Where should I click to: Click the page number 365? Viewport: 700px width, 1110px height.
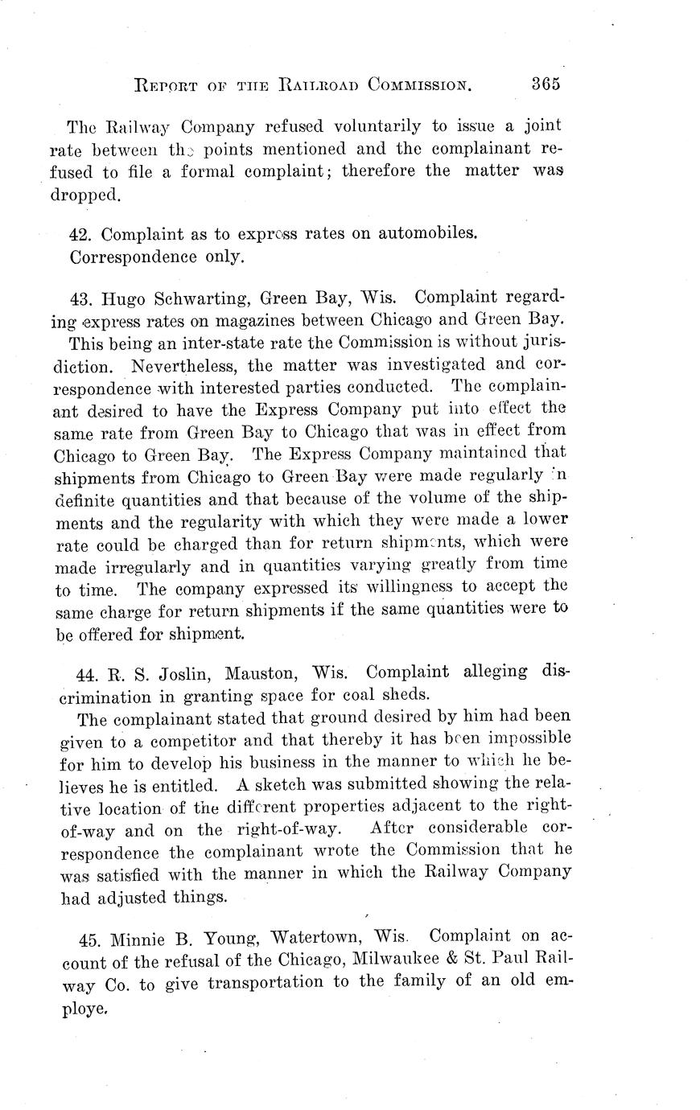545,84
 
